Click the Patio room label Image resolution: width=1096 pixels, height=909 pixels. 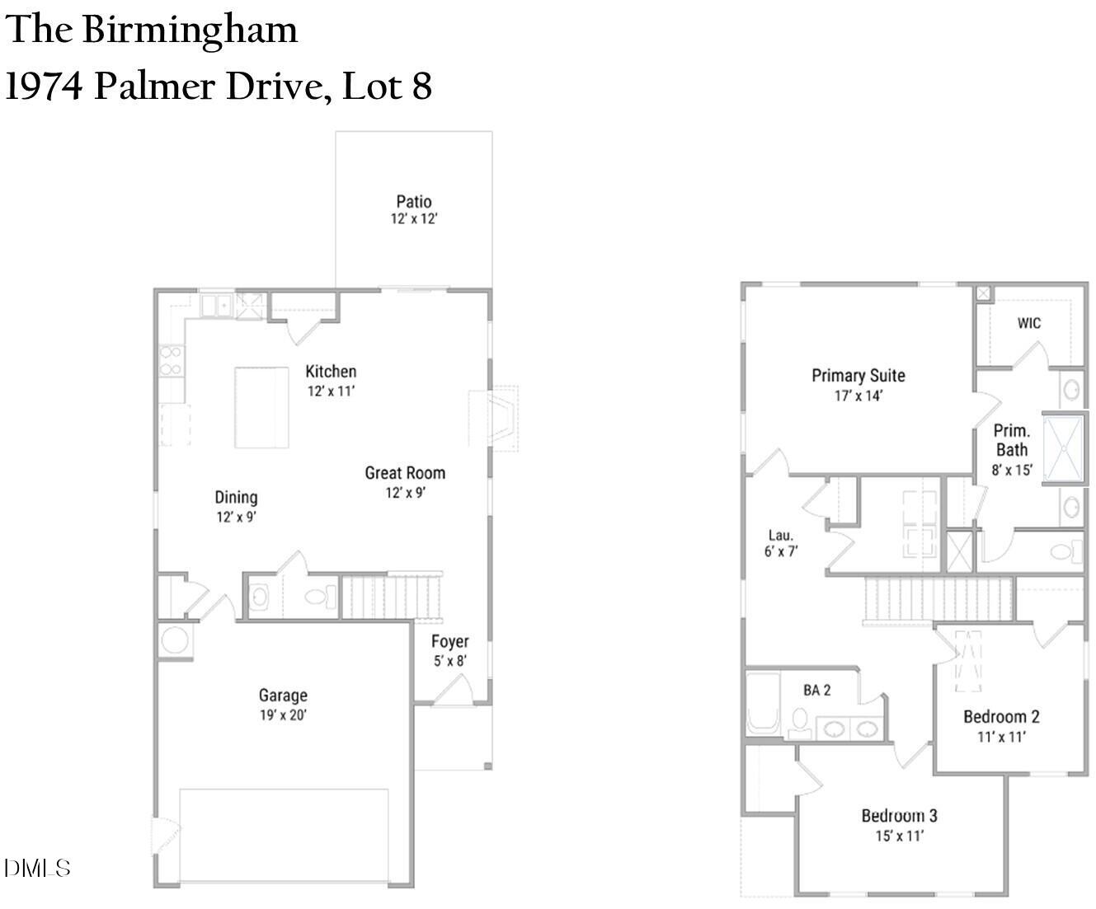coord(414,202)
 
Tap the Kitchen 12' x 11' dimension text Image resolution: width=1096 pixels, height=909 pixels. coord(332,391)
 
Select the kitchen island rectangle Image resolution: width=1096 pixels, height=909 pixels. coord(261,408)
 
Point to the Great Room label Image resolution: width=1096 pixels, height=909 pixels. coord(405,473)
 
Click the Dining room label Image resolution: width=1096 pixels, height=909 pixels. coord(236,498)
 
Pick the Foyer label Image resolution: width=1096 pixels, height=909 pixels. coord(449,641)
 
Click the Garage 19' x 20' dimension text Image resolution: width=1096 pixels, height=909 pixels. coord(283,715)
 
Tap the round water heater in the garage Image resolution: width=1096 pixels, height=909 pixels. coord(175,640)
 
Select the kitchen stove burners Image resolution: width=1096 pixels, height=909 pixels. coord(171,361)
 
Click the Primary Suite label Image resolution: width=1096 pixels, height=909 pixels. coord(858,376)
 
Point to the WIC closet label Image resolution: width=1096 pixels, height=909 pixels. coord(1029,323)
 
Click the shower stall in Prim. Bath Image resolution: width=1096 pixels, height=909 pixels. coord(1064,448)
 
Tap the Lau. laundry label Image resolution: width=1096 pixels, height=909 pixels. coord(780,536)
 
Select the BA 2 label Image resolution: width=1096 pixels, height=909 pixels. coord(816,691)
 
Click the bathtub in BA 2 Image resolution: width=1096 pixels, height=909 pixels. coord(763,704)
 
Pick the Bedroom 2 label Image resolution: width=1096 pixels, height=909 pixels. coord(1001,716)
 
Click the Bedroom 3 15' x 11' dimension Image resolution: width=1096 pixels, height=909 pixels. coord(900,836)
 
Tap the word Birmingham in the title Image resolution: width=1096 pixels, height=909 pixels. coord(190,30)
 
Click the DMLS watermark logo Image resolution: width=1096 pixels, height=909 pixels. coord(37,868)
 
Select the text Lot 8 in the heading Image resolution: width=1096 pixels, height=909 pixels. coord(387,86)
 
